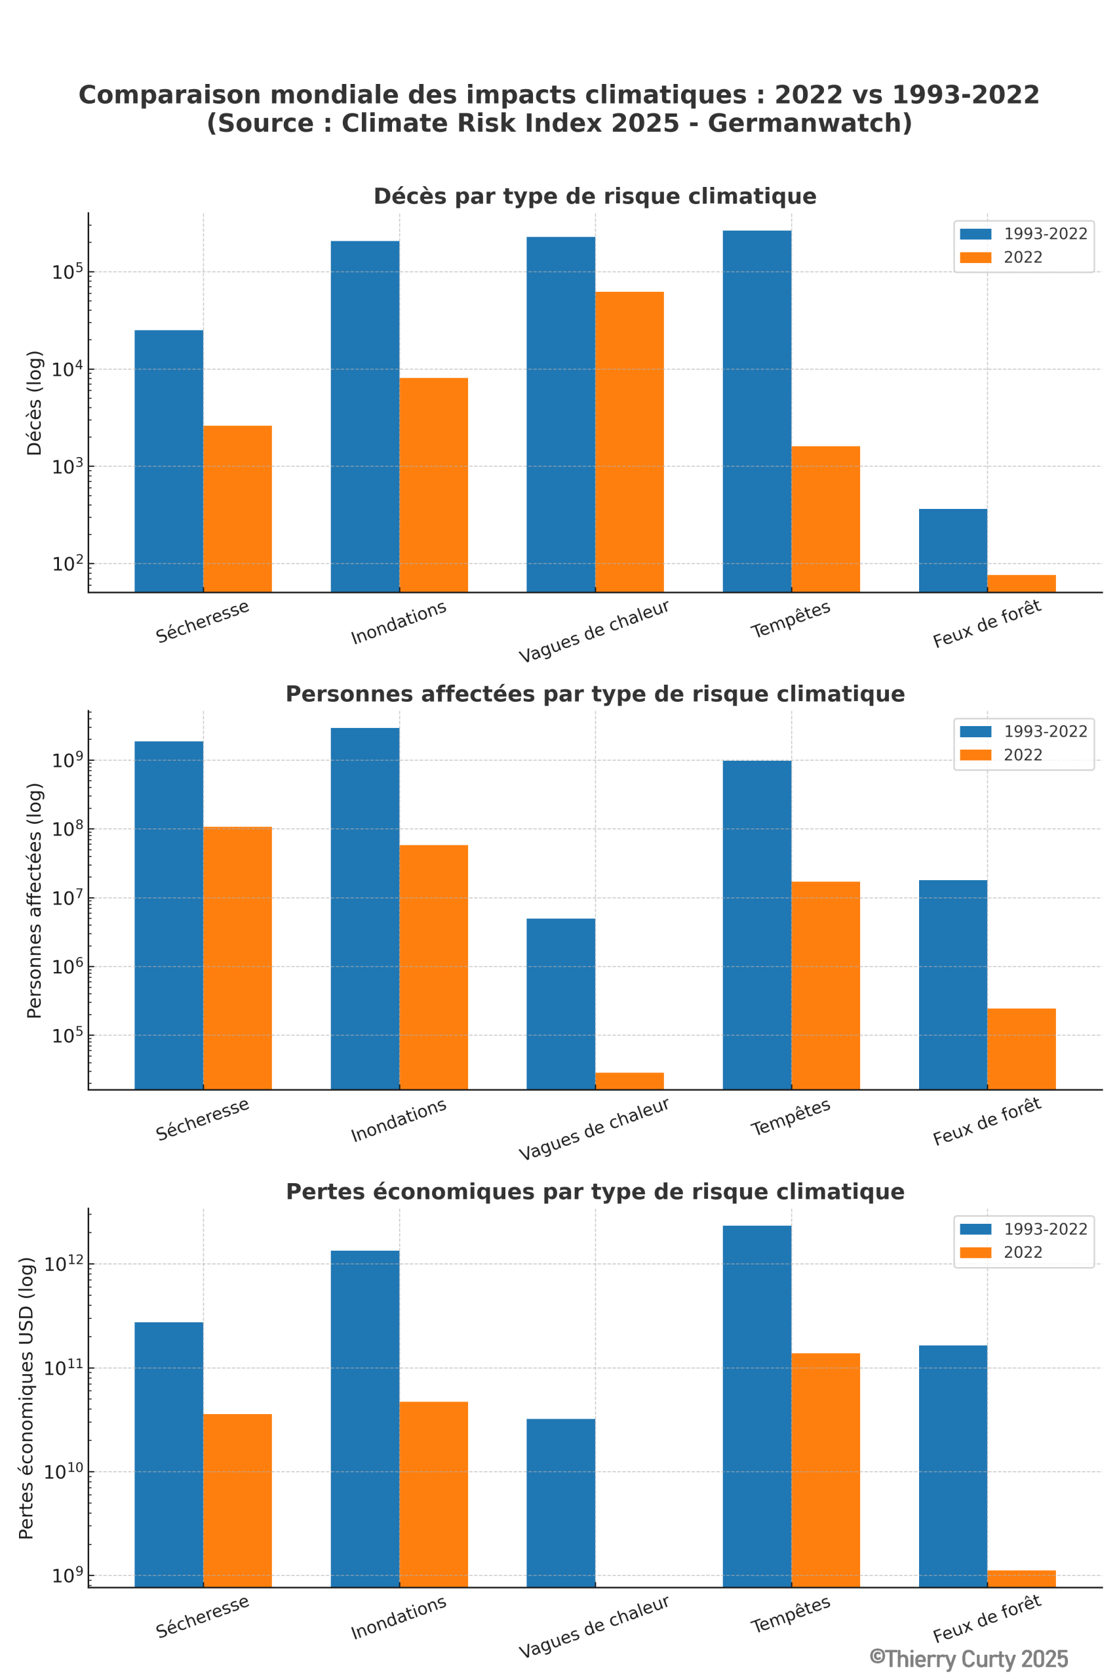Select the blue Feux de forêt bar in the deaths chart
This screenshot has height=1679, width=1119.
click(952, 550)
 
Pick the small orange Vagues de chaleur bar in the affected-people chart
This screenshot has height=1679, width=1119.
click(629, 1081)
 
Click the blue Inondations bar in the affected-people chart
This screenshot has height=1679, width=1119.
click(364, 906)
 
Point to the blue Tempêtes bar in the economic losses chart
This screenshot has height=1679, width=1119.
click(756, 1406)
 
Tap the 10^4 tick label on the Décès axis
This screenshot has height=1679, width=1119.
click(67, 369)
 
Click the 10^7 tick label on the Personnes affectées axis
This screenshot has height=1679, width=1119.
click(67, 897)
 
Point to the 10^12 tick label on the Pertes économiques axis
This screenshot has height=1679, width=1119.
click(64, 1264)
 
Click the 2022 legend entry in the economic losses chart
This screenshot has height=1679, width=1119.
click(1022, 1253)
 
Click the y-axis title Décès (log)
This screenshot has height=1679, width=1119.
click(34, 403)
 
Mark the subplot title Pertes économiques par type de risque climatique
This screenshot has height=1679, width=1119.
click(595, 1192)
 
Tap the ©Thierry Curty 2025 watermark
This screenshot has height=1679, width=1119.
click(968, 1657)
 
